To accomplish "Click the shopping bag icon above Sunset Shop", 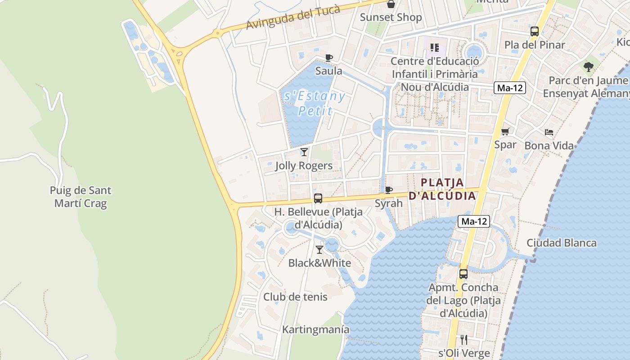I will [391, 4].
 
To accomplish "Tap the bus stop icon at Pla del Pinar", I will [535, 31].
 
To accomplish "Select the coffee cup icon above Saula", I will [329, 58].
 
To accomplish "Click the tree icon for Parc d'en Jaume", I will [588, 67].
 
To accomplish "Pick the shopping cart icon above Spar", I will [505, 132].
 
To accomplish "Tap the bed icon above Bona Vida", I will [549, 132].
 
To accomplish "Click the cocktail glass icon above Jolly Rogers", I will [304, 152].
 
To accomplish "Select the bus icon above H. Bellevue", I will [318, 198].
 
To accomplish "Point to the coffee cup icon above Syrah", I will [389, 190].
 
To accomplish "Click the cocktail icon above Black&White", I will [319, 249].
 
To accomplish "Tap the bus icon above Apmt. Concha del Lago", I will [463, 274].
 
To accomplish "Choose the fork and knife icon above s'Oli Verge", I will [464, 339].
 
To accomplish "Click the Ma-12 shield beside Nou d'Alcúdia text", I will [510, 88].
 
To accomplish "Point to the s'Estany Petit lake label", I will [315, 103].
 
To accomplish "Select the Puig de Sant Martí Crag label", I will [81, 197].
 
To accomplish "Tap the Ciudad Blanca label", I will [562, 243].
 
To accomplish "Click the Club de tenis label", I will [295, 297].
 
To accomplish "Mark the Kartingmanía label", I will [315, 329].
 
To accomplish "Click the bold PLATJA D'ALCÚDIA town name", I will [442, 189].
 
